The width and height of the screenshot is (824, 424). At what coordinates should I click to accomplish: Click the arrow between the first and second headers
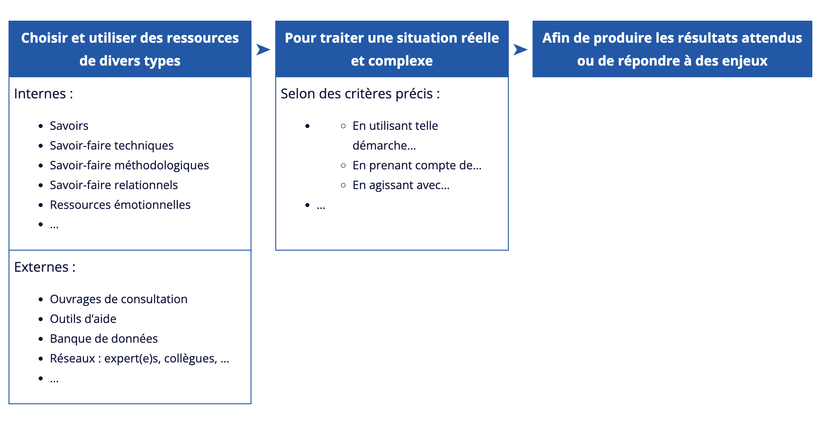[263, 49]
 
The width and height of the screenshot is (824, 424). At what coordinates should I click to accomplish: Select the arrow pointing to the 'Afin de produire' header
[520, 49]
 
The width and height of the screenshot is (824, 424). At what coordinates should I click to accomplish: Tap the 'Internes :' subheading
[44, 94]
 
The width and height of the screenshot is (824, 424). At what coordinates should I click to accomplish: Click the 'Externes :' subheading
[45, 267]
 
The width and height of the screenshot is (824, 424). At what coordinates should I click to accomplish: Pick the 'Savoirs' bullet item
[69, 126]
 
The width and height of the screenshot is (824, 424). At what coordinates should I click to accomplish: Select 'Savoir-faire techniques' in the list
[112, 146]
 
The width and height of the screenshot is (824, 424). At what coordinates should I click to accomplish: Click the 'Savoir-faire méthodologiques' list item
[129, 165]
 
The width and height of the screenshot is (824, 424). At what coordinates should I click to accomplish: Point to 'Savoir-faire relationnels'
[114, 185]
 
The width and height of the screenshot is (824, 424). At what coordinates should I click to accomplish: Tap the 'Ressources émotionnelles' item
[120, 205]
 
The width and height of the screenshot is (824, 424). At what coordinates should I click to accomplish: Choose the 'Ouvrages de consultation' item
[119, 299]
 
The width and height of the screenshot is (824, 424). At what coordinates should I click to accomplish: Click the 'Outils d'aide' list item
[83, 319]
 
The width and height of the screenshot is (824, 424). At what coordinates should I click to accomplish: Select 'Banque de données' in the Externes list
[104, 339]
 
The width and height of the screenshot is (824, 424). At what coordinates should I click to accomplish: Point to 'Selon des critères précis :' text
[360, 94]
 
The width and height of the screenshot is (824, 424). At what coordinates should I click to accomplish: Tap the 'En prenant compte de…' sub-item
[417, 165]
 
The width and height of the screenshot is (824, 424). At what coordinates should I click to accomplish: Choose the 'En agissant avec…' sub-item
[401, 185]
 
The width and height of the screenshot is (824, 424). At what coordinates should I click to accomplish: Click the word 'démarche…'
[384, 146]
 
